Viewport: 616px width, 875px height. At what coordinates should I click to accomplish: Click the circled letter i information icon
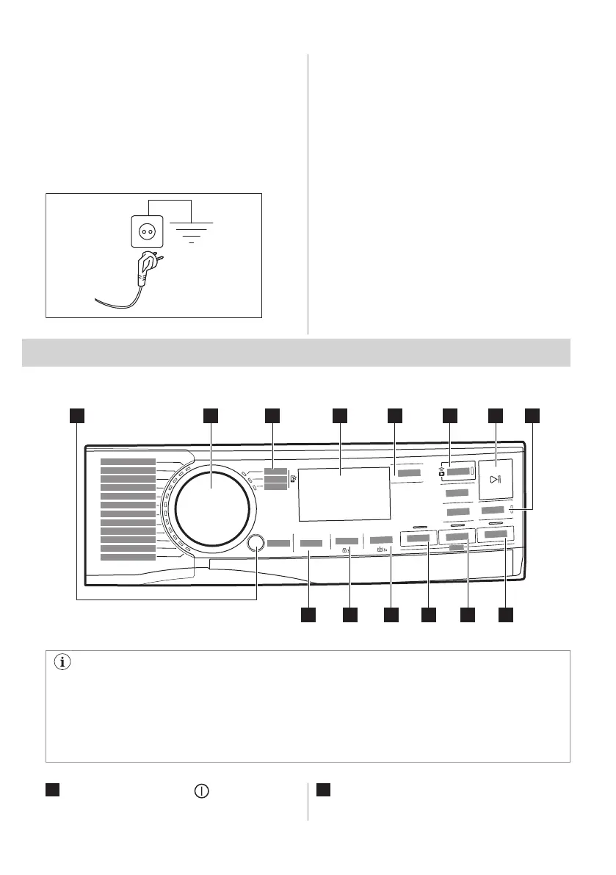pyautogui.click(x=61, y=662)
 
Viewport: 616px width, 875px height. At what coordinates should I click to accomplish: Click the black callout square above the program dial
pyautogui.click(x=211, y=416)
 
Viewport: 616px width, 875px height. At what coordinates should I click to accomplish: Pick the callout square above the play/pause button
pyautogui.click(x=496, y=416)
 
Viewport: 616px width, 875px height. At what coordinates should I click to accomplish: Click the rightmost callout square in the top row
pyautogui.click(x=533, y=416)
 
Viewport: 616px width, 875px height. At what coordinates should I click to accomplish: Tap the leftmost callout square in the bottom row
pyautogui.click(x=308, y=615)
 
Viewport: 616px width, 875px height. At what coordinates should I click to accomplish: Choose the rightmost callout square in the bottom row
pyautogui.click(x=506, y=615)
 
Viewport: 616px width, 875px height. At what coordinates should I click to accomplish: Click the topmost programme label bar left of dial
pyautogui.click(x=128, y=461)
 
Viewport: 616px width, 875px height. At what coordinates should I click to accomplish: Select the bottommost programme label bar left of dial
pyautogui.click(x=128, y=556)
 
